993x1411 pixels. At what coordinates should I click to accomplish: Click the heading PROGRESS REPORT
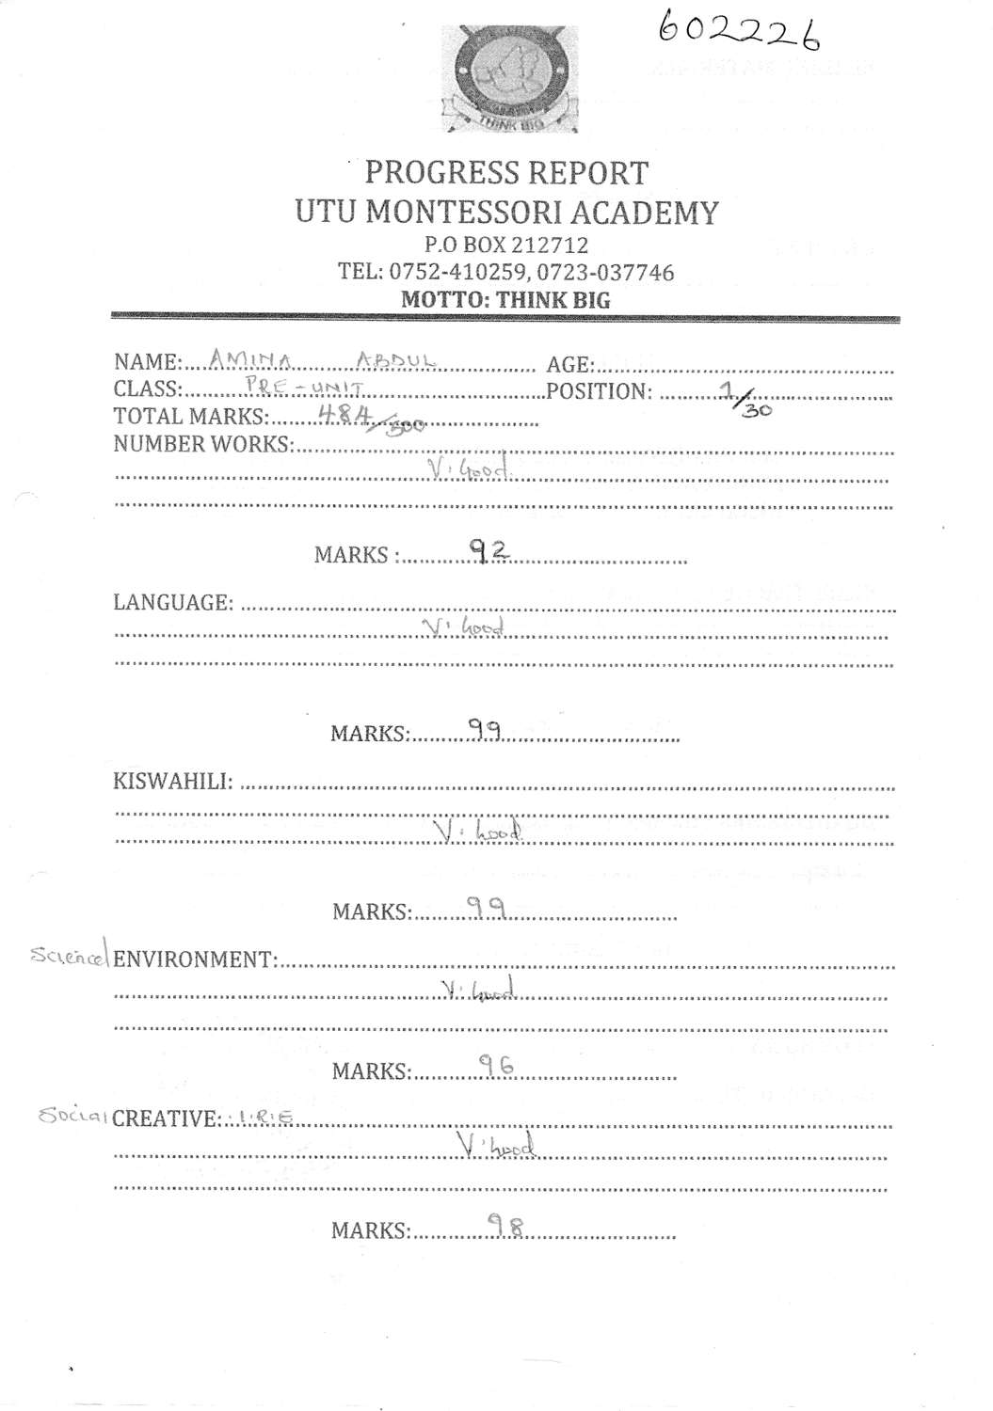506,173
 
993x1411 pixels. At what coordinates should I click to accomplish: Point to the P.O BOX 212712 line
506,246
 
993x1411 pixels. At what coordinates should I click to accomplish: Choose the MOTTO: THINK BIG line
505,300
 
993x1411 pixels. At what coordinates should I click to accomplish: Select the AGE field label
569,364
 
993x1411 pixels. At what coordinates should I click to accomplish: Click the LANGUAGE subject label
173,602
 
